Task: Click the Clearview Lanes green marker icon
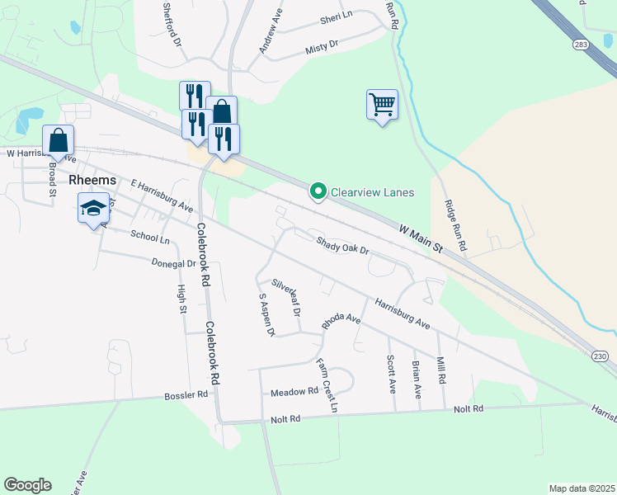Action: click(318, 191)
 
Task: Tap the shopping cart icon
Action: click(382, 106)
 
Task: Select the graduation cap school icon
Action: click(93, 208)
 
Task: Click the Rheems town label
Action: click(92, 179)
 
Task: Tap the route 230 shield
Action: click(600, 355)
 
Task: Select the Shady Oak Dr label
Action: click(341, 244)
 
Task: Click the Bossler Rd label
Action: click(191, 395)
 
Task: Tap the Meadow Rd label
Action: click(294, 392)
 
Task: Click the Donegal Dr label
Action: click(173, 264)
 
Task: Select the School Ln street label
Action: click(149, 237)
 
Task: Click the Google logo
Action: click(27, 485)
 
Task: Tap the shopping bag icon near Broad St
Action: click(59, 141)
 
